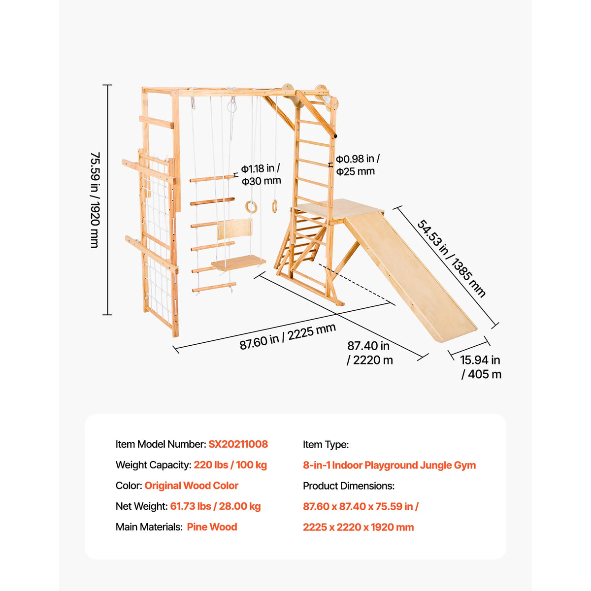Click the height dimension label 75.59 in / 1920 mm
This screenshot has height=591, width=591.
click(95, 200)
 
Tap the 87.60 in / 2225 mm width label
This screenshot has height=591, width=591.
click(287, 336)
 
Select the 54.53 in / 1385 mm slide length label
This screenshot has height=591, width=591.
click(451, 258)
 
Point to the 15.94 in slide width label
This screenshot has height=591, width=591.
click(481, 367)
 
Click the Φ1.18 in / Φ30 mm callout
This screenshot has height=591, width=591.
click(261, 174)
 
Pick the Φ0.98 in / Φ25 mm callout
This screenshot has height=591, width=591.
click(358, 164)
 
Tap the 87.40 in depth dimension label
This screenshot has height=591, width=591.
click(369, 353)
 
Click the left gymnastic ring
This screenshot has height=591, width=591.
click(251, 207)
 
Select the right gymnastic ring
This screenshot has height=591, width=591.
click(274, 206)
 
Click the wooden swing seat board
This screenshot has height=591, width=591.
click(238, 263)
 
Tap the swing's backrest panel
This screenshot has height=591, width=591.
click(234, 229)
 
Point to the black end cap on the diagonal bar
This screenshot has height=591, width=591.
click(335, 135)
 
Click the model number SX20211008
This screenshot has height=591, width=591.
click(238, 444)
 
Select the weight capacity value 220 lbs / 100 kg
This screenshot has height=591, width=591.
click(230, 465)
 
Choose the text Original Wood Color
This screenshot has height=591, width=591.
click(192, 486)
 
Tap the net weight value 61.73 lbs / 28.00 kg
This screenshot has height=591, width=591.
click(215, 506)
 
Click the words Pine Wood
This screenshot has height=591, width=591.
click(212, 527)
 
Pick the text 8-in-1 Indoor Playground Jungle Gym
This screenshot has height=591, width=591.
click(389, 465)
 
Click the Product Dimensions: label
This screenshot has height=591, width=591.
click(348, 486)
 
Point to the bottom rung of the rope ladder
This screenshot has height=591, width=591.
click(214, 287)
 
